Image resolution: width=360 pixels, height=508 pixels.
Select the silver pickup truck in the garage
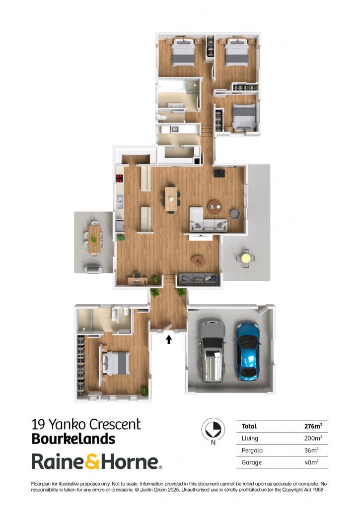[212, 351]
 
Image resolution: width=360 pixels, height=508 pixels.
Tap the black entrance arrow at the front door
[169, 339]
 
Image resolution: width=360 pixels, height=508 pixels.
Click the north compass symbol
[213, 430]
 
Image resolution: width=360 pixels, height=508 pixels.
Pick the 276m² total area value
[313, 426]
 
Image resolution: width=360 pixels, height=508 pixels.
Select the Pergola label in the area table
[252, 450]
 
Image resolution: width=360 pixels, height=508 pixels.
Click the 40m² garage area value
[311, 462]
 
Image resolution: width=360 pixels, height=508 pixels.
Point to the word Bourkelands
[73, 439]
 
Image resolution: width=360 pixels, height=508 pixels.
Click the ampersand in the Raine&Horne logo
[92, 462]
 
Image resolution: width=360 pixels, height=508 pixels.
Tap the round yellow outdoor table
[245, 258]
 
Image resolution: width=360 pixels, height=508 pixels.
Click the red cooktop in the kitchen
[119, 178]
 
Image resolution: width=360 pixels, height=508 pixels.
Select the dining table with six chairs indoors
[171, 198]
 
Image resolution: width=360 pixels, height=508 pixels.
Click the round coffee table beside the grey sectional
[215, 206]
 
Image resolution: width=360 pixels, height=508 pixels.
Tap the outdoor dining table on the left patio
[94, 239]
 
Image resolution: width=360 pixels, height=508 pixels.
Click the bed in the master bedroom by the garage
[116, 363]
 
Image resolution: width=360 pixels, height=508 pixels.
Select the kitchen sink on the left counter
[120, 202]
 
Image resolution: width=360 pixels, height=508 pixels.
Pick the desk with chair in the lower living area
[137, 279]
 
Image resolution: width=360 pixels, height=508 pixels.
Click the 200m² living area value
[313, 438]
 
